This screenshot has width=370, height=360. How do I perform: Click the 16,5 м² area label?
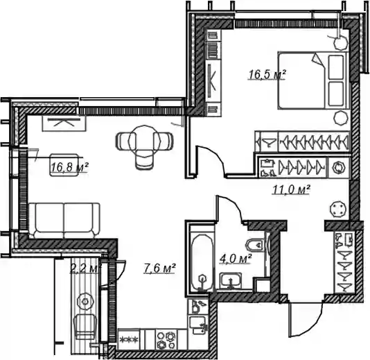coord(267,74)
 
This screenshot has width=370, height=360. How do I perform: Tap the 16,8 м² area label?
coord(69,167)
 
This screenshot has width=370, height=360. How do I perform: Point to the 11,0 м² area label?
coord(291,189)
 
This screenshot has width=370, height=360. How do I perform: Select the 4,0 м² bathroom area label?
coord(236,259)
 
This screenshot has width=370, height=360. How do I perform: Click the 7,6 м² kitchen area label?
coord(159,268)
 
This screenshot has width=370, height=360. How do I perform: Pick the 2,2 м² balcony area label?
coord(85,269)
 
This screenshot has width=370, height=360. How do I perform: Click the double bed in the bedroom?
coord(313,80)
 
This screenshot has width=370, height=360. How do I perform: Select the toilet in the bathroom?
coord(255,245)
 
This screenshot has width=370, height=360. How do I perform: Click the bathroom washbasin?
coord(230,280)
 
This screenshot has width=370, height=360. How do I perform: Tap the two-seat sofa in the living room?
coord(64,221)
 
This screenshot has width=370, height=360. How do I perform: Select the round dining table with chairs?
coord(144,144)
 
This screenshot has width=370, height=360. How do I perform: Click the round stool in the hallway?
coord(339,209)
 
